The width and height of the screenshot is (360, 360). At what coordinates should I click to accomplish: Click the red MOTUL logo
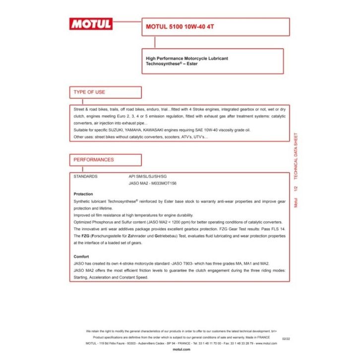[91, 23]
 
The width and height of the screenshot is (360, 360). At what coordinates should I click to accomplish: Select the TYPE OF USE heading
[90, 92]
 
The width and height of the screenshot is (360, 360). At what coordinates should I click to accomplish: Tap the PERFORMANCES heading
[94, 160]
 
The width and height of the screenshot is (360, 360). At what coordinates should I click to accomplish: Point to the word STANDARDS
[85, 177]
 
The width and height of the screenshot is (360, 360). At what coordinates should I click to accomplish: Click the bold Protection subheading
[83, 194]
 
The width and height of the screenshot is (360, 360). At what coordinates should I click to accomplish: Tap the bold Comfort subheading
[81, 256]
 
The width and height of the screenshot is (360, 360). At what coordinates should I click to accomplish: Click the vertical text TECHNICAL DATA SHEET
[296, 156]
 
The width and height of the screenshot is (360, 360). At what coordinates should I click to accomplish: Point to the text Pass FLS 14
[272, 229]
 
